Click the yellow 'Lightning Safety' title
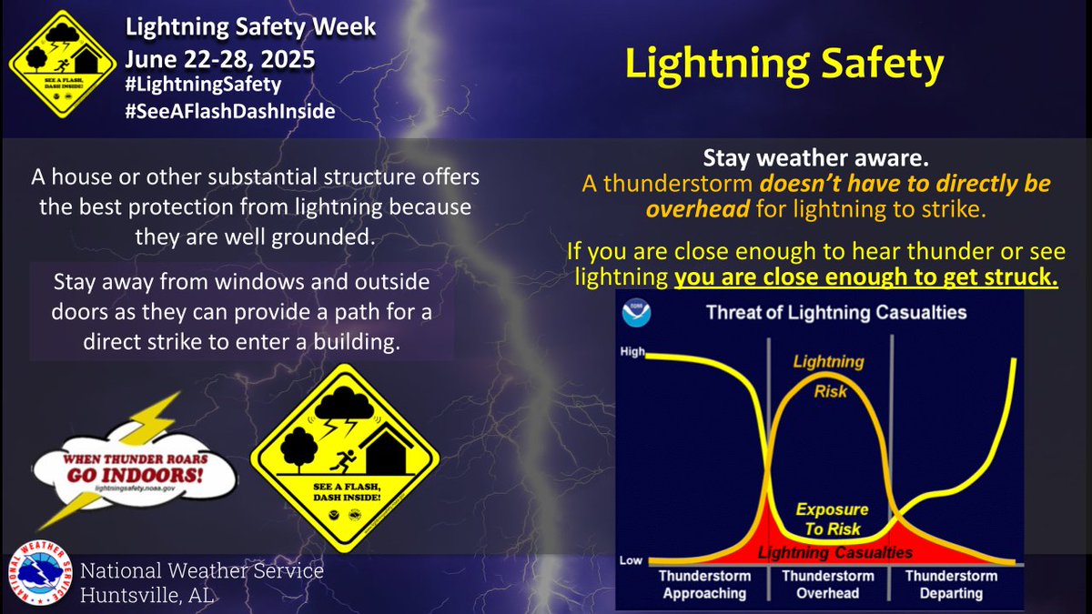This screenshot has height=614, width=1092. coord(783,65)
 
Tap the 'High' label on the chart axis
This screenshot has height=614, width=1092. coord(632,350)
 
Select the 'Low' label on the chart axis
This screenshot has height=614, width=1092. coord(631,561)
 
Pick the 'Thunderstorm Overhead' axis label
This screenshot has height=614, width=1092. coord(828,584)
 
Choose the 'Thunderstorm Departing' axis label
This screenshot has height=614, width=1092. coord(951,584)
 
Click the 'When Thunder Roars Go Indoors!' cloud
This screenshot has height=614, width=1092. coord(146,473)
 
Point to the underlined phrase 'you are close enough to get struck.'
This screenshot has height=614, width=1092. coord(865,277)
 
